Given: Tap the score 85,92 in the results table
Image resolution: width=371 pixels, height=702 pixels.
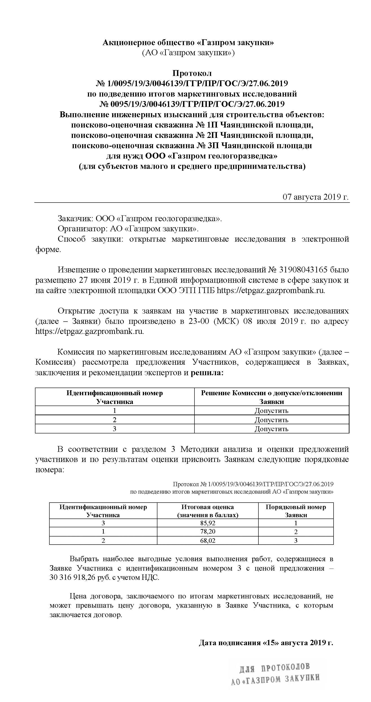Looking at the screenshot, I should (x=208, y=523).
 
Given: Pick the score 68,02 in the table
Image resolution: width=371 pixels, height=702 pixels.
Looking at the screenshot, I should (x=208, y=540).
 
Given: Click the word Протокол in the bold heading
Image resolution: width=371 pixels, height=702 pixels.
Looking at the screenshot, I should (x=192, y=73).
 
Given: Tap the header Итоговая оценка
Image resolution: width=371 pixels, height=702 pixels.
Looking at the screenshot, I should (x=207, y=507).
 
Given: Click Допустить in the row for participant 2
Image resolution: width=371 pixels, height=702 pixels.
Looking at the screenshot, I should (x=271, y=420).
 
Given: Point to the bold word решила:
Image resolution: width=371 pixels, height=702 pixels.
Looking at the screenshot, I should (x=207, y=372).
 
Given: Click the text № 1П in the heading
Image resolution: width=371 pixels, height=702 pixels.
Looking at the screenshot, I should (x=206, y=125).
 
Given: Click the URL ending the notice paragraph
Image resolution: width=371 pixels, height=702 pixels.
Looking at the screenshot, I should (x=271, y=290).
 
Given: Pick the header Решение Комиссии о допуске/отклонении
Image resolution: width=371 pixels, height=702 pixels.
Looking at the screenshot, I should (x=271, y=393).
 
